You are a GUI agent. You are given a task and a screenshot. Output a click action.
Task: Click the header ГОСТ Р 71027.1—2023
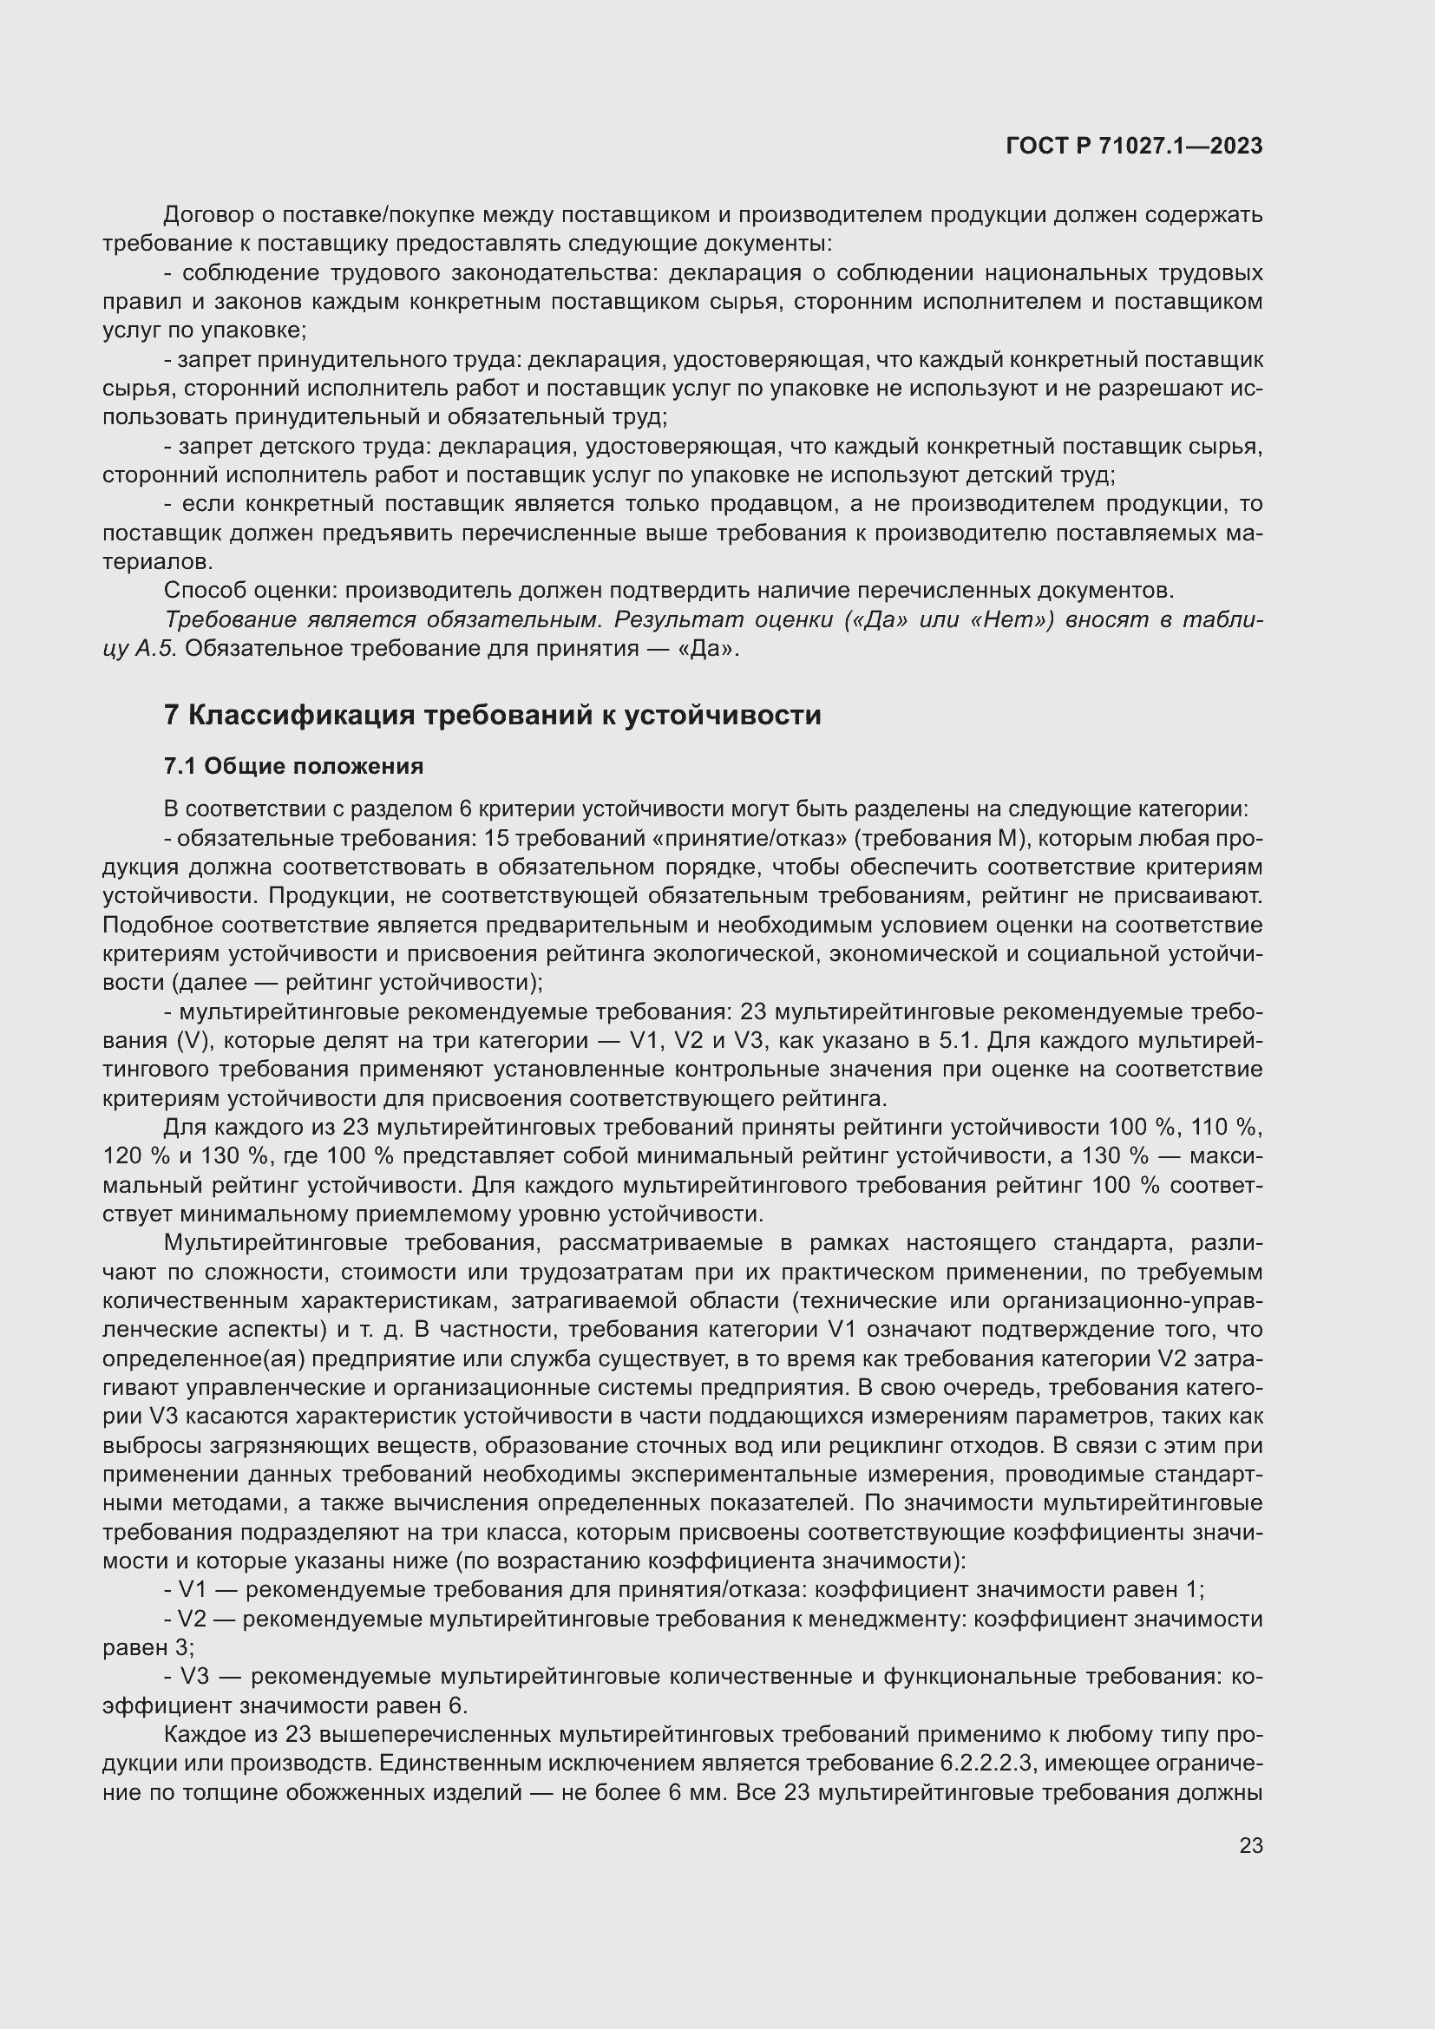pos(1134,147)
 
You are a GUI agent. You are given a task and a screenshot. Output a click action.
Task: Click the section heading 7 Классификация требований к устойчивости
pos(492,715)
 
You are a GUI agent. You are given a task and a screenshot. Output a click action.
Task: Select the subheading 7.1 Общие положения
pos(293,766)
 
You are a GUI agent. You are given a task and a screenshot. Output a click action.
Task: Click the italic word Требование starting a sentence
pos(229,619)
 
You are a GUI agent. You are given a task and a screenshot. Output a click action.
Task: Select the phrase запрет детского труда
pos(300,446)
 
